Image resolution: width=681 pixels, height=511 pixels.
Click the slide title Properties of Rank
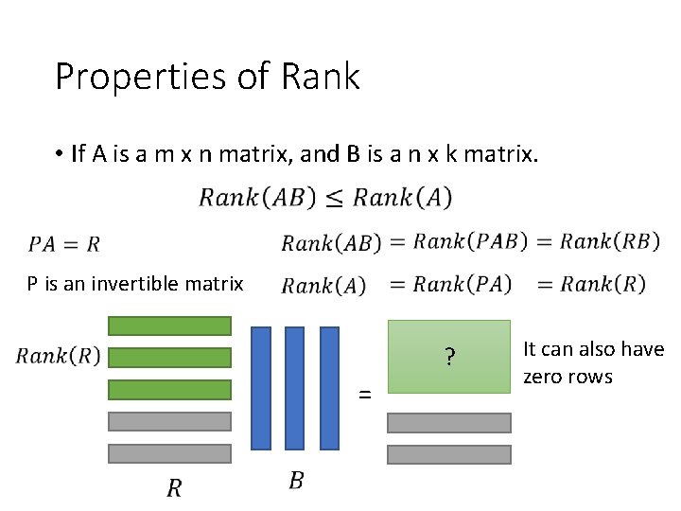pyautogui.click(x=207, y=76)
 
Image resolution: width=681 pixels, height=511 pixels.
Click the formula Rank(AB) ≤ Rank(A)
pyautogui.click(x=325, y=197)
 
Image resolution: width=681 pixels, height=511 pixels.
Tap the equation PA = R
pyautogui.click(x=63, y=244)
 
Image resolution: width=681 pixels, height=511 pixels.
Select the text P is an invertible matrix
pyautogui.click(x=135, y=284)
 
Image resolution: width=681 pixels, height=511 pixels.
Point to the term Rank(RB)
pyautogui.click(x=609, y=241)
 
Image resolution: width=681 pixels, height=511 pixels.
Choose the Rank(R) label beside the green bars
pyautogui.click(x=58, y=357)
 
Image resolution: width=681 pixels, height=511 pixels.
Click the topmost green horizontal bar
pyautogui.click(x=169, y=326)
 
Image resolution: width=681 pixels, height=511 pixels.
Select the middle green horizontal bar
pyautogui.click(x=169, y=358)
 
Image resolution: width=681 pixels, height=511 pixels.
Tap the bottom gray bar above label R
pyautogui.click(x=169, y=453)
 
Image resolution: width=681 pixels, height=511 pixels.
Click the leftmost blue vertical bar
pyautogui.click(x=261, y=388)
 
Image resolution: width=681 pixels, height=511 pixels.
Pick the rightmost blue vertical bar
pyautogui.click(x=329, y=388)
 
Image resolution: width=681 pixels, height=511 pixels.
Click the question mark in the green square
pyautogui.click(x=449, y=358)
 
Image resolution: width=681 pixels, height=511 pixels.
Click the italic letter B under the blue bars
pyautogui.click(x=296, y=481)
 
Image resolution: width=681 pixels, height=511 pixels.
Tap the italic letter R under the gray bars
pyautogui.click(x=174, y=488)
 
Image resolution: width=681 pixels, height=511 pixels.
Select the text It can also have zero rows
pyautogui.click(x=593, y=362)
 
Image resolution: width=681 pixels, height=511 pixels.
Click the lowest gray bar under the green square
pyautogui.click(x=449, y=454)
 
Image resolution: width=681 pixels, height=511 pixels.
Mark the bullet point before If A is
pyautogui.click(x=59, y=154)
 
